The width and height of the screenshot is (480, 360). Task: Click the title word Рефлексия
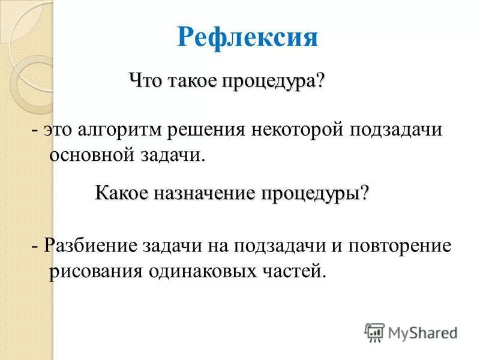click(247, 38)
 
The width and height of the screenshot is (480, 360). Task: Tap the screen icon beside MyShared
click(374, 332)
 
